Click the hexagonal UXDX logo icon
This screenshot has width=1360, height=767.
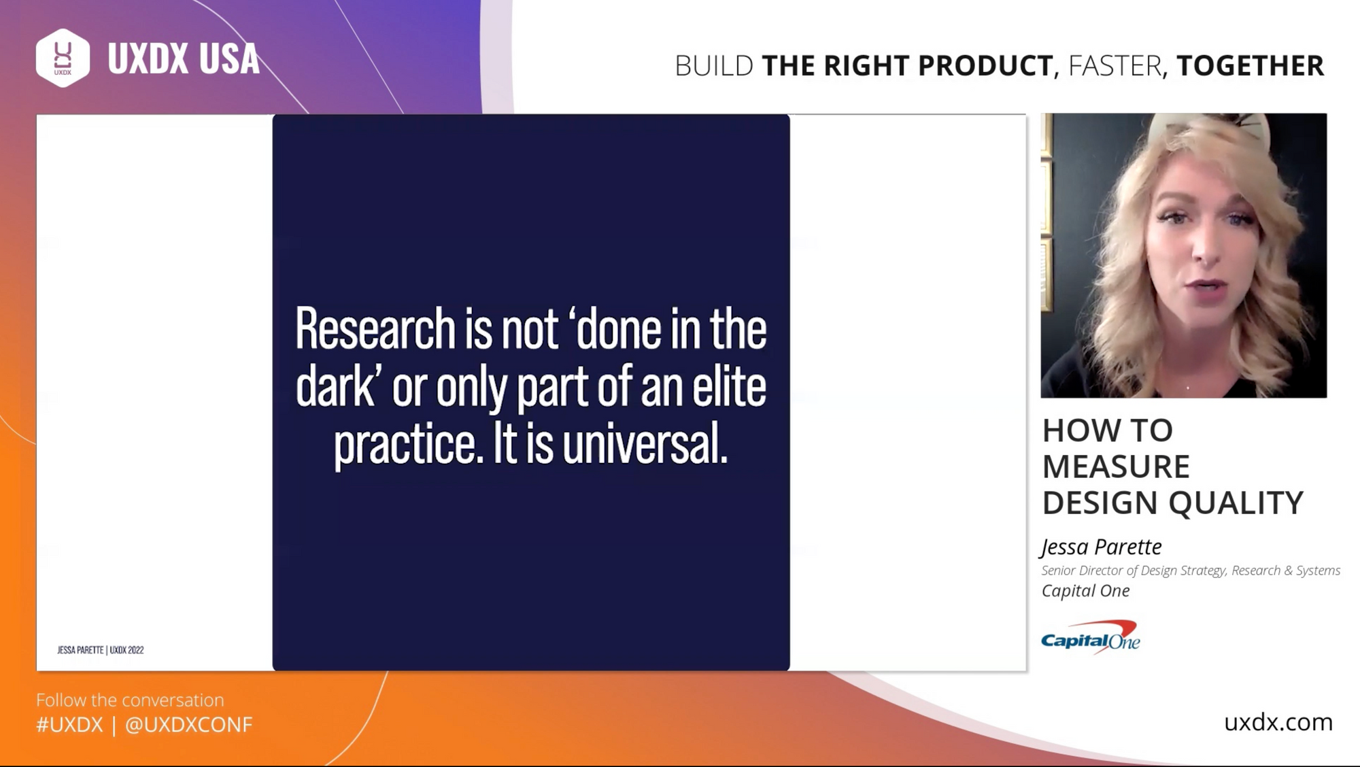click(x=63, y=58)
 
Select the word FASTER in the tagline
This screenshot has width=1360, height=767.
click(x=1115, y=66)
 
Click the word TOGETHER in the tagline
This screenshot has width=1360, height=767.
click(x=1250, y=66)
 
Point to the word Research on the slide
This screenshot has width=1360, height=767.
click(x=375, y=329)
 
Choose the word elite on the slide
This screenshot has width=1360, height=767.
click(x=729, y=386)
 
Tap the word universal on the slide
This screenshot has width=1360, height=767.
click(x=645, y=443)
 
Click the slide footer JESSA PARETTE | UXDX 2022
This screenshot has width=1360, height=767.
click(x=101, y=650)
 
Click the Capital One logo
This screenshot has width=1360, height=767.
click(x=1091, y=637)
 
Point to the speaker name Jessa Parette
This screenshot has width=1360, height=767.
click(x=1102, y=547)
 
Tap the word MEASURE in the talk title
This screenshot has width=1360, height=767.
click(x=1116, y=466)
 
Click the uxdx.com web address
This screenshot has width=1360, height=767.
click(x=1278, y=722)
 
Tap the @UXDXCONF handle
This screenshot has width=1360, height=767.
click(x=189, y=725)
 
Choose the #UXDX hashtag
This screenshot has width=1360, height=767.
click(x=69, y=725)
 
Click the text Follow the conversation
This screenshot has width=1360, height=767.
click(x=130, y=700)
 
